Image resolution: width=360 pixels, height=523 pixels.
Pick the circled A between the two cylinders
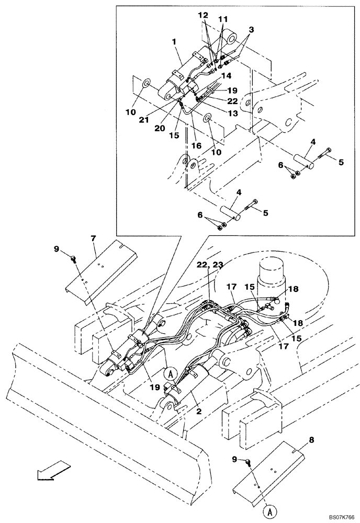(x=168, y=373)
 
